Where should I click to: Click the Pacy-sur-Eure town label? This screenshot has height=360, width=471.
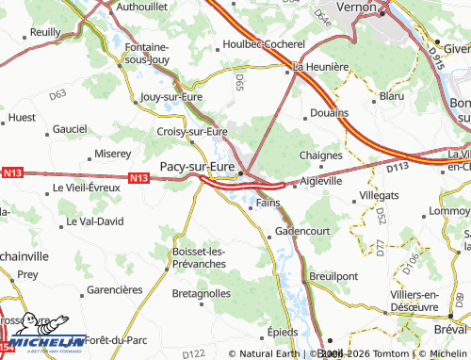(197, 166)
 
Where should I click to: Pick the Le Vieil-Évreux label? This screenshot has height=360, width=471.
(87, 188)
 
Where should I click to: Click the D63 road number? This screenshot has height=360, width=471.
(57, 94)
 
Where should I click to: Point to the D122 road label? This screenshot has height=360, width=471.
(193, 352)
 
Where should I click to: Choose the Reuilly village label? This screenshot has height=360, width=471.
(45, 32)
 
